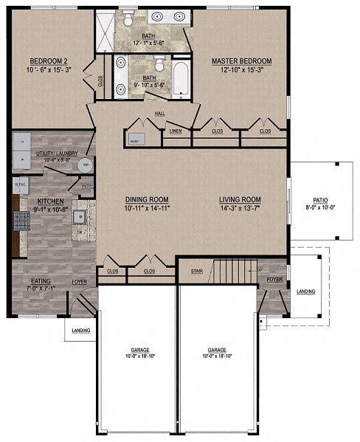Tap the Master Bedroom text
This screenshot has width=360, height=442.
click(241, 61)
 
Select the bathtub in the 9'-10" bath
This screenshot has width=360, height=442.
click(181, 79)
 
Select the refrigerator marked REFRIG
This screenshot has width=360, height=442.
click(21, 184)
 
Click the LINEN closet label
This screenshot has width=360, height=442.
click(176, 132)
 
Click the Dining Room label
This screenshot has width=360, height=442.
click(147, 199)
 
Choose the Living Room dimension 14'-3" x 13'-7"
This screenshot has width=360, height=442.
click(240, 208)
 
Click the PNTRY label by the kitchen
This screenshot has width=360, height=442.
click(86, 187)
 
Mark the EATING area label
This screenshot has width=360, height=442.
click(41, 280)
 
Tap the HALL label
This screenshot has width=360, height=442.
click(160, 113)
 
